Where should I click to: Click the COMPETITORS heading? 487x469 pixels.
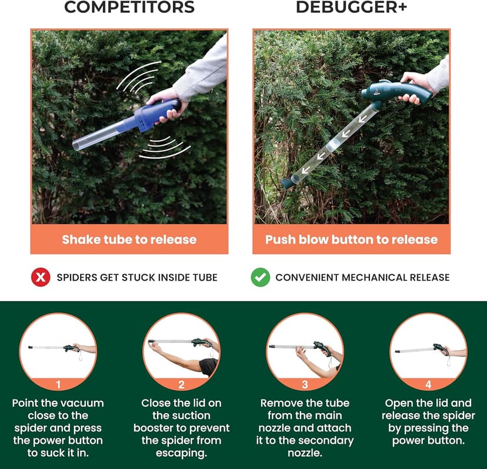pos(129,8)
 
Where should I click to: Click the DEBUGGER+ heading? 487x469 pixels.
pos(351,8)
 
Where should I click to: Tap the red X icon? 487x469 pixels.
pos(41,277)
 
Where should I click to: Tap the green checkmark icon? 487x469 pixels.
pos(260,277)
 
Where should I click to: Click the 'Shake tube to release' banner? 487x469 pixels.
pos(129,240)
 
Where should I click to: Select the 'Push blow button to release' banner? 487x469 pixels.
pos(351,240)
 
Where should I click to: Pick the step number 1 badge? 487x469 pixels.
pos(58,385)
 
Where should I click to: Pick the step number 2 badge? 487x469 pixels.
pos(181,385)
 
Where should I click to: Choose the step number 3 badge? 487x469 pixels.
pos(305,385)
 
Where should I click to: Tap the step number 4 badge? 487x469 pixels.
pos(428,385)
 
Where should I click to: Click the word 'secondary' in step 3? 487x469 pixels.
pos(323,441)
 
